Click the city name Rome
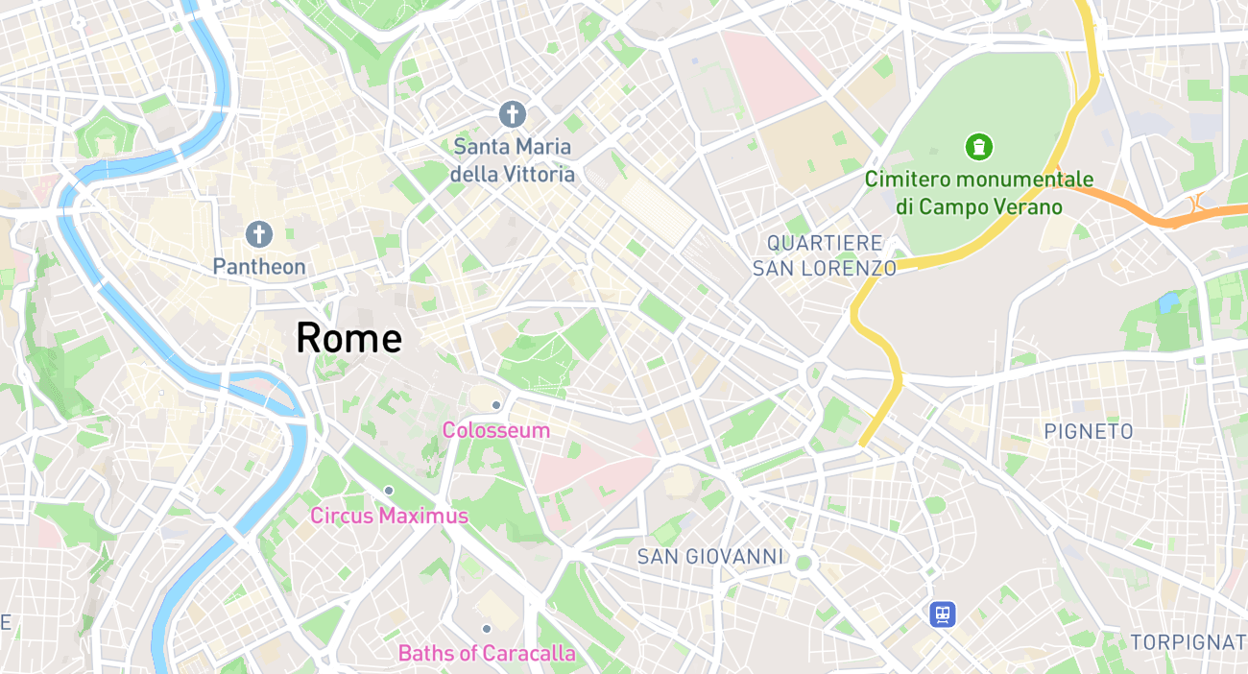pos(348,338)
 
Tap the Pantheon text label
pos(259,266)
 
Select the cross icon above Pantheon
pos(258,233)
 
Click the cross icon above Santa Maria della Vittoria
pos(513,114)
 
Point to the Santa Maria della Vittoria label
pos(513,160)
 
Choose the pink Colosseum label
pos(495,430)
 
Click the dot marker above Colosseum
pos(495,405)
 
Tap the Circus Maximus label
pos(389,516)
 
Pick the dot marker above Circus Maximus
pos(389,491)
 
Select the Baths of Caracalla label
pos(487,654)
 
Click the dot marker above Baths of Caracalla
pos(487,629)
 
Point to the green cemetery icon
pos(978,147)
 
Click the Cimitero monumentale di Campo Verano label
pos(978,192)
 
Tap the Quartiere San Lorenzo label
pos(824,255)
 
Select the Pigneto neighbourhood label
pos(1089,432)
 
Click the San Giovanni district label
pos(710,557)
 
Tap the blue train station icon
pos(943,614)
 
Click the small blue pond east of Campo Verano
pos(1168,304)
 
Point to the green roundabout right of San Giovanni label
pos(804,563)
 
